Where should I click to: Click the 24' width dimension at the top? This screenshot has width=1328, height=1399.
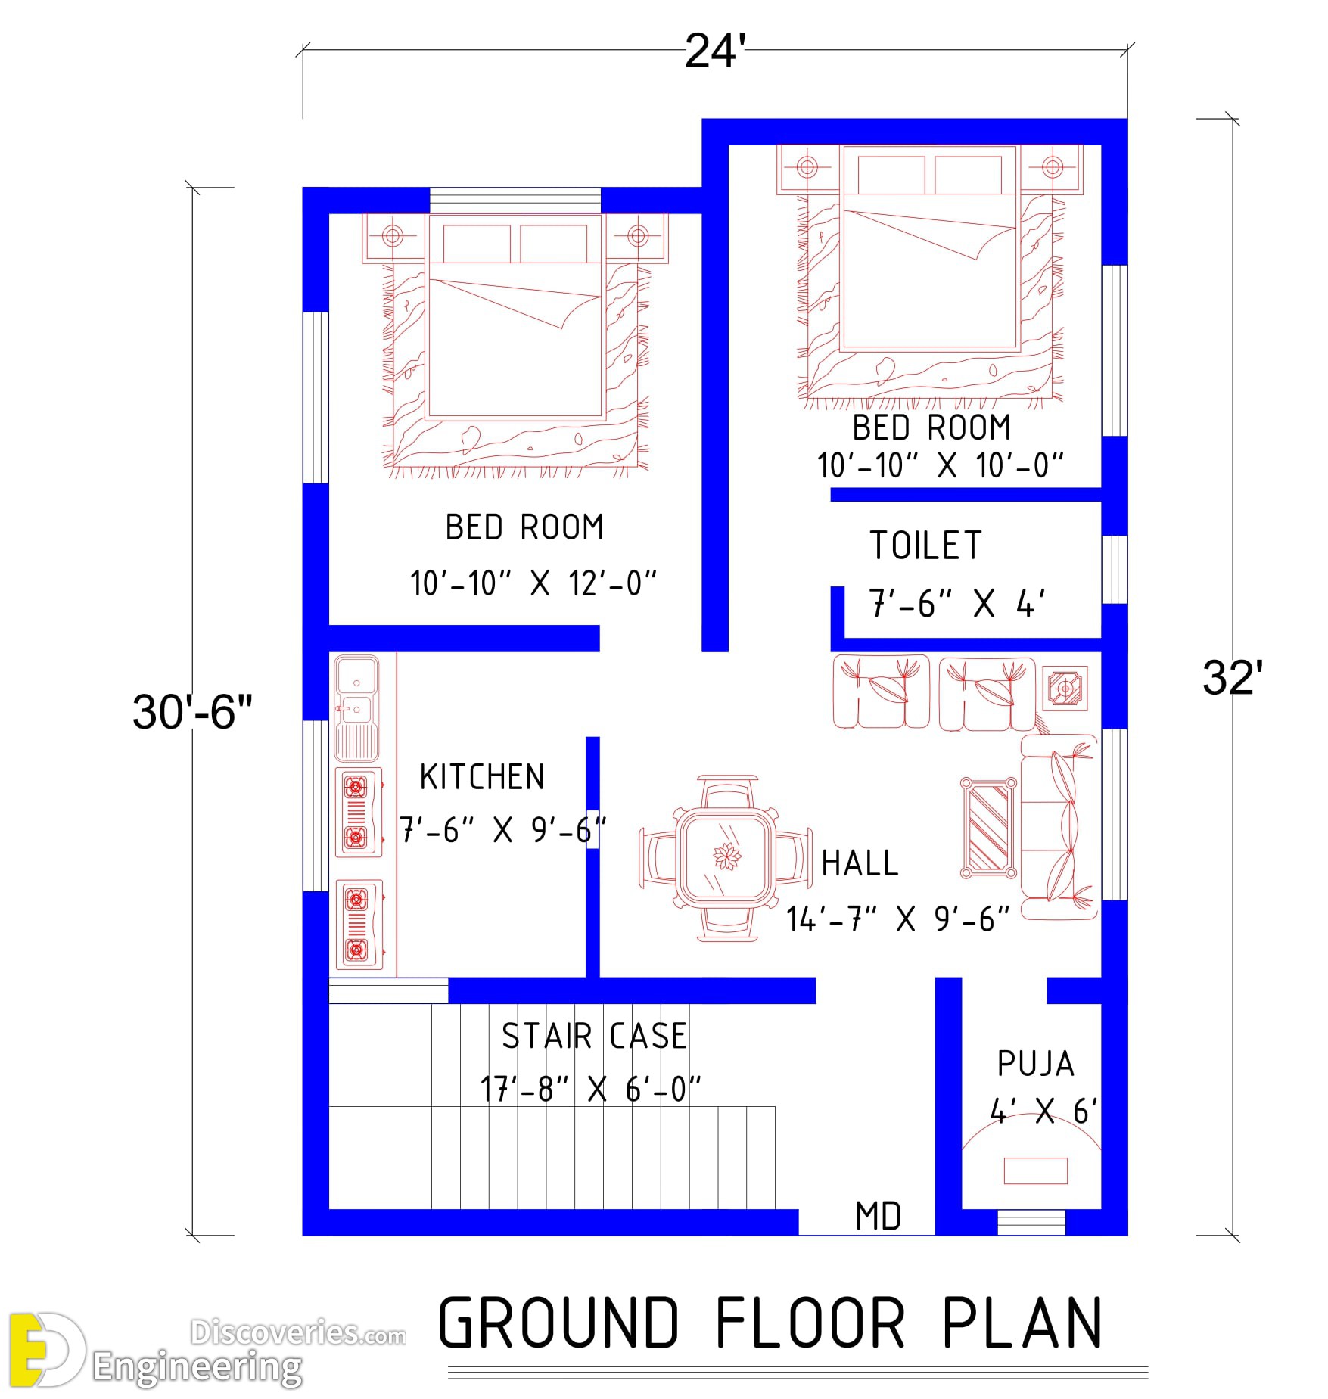point(714,51)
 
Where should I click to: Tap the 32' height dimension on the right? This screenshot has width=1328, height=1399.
point(1233,677)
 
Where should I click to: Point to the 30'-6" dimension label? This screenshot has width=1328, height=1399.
point(192,711)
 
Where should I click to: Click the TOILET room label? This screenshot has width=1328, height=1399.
point(925,546)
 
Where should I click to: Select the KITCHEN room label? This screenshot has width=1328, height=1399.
point(482,777)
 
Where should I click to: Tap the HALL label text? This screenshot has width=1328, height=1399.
point(860,863)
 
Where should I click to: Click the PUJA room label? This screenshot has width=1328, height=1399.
point(1035,1064)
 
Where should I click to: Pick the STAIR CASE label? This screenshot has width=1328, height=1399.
point(595,1036)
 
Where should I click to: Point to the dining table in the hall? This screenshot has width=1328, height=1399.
point(726,858)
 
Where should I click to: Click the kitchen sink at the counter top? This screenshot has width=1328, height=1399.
point(356,707)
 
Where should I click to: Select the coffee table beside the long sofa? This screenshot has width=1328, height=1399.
point(988,828)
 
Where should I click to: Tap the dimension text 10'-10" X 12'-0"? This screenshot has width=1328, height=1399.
point(533,583)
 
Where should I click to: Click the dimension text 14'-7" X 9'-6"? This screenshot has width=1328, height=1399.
point(897,919)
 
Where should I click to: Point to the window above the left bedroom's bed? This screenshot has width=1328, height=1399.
point(515,201)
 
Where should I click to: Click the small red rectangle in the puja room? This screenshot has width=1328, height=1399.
point(1035,1170)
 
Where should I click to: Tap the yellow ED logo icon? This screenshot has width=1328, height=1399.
point(45,1350)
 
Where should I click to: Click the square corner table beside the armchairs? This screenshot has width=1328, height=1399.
point(1065,688)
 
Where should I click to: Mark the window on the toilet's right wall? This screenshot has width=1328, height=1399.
point(1115,570)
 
